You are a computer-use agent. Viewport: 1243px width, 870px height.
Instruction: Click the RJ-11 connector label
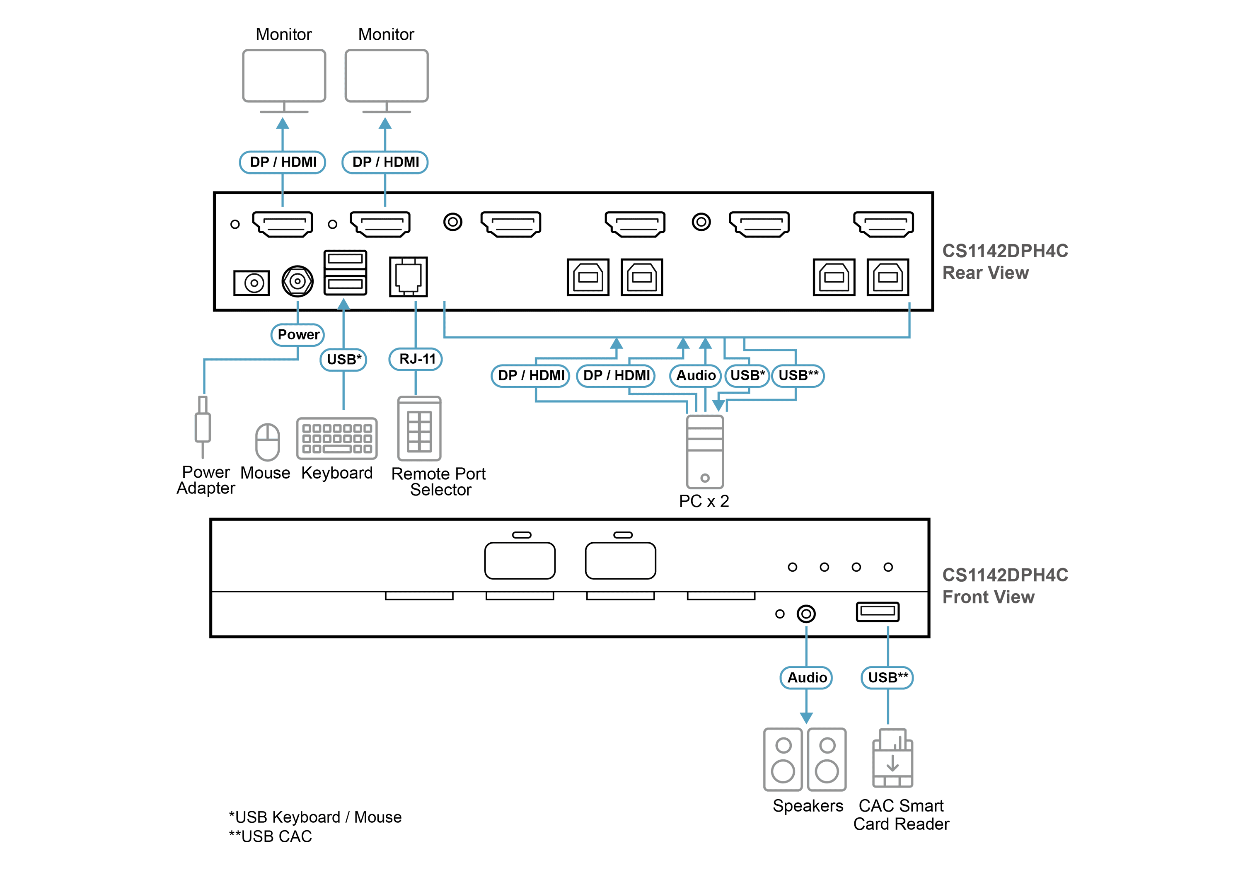click(416, 359)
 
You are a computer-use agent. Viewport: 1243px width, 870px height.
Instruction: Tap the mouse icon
click(267, 442)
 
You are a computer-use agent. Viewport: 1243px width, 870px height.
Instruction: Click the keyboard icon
click(337, 438)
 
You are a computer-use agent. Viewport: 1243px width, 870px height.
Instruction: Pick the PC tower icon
click(705, 452)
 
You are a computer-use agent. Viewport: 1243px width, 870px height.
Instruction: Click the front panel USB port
click(878, 612)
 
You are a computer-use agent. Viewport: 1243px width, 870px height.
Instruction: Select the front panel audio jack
click(806, 614)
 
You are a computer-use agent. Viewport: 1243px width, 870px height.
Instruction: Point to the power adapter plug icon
click(203, 427)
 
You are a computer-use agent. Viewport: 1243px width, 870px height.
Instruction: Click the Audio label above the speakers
click(806, 678)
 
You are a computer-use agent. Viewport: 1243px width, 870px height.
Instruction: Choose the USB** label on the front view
click(888, 678)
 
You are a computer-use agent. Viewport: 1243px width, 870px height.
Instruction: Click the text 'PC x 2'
click(704, 501)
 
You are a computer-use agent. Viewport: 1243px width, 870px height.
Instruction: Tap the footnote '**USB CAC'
click(270, 836)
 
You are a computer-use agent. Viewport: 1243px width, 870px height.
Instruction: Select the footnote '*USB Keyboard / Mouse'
click(315, 817)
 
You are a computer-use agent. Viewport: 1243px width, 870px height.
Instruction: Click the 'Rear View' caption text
click(985, 273)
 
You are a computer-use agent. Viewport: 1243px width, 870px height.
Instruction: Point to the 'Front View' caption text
click(988, 597)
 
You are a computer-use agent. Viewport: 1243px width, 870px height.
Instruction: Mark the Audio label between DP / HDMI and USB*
click(696, 376)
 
